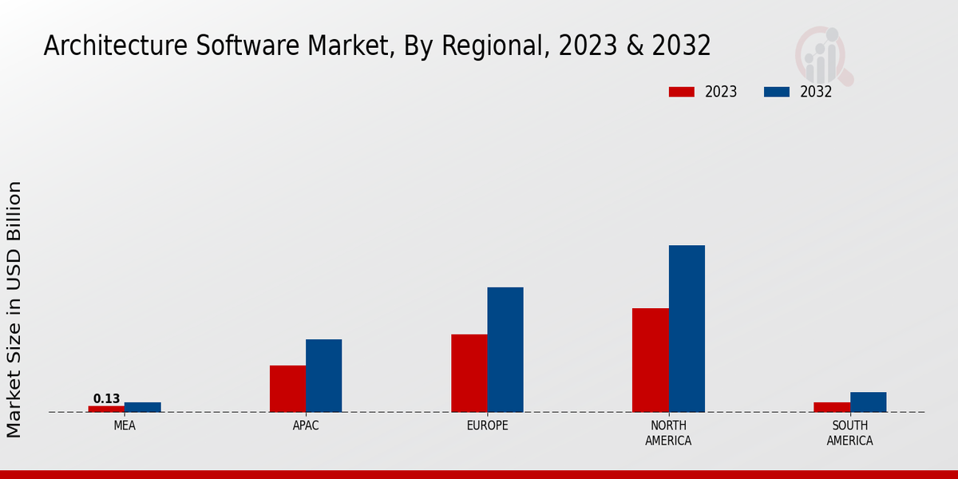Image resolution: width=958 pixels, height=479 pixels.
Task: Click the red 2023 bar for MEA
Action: (106, 409)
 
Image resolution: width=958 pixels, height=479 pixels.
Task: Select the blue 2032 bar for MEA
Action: (142, 407)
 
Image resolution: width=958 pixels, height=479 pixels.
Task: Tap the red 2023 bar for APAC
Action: (287, 389)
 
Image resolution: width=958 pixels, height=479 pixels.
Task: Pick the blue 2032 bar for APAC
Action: (323, 375)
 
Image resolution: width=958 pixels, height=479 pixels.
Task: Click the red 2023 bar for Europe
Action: (469, 373)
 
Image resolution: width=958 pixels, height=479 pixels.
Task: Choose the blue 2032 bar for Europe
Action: (505, 350)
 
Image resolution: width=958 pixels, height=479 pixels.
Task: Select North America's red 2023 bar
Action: (650, 360)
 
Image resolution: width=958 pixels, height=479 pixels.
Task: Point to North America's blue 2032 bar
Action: (687, 328)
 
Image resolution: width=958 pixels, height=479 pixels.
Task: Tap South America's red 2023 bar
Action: (832, 407)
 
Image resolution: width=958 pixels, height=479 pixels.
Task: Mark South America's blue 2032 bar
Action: (868, 402)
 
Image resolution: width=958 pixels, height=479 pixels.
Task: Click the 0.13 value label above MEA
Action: (106, 398)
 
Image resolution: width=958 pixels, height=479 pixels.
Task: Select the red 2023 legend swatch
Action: (682, 92)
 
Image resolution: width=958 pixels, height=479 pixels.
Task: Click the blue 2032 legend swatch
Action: (776, 92)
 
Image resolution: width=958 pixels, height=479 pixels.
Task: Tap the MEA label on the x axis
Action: (125, 426)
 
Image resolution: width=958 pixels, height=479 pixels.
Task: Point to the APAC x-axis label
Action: (306, 426)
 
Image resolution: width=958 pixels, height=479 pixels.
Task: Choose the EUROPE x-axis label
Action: (487, 426)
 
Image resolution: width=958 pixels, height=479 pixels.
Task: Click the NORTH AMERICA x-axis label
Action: (668, 433)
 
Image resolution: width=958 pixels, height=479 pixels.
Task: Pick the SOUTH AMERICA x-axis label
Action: (849, 433)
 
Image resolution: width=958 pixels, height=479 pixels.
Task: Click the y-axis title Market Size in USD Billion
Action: (14, 309)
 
